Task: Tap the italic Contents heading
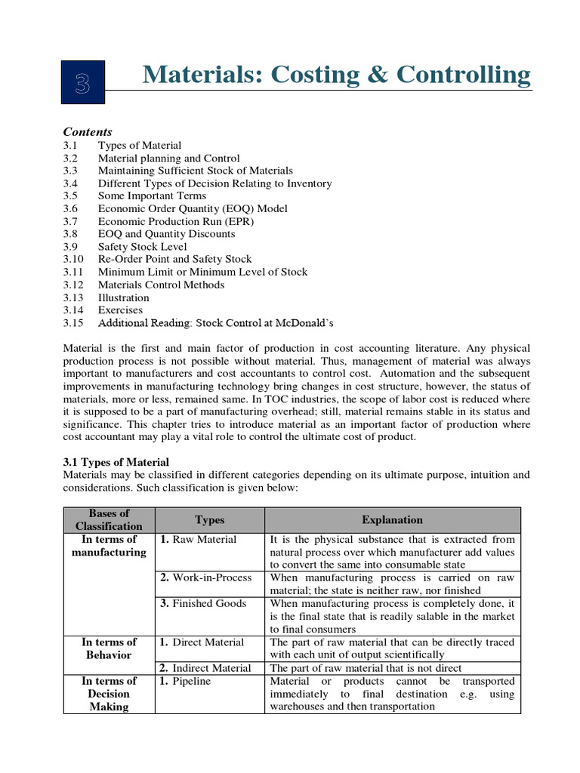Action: [88, 131]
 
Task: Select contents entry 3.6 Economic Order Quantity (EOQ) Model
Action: [193, 208]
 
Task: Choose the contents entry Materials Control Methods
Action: [161, 285]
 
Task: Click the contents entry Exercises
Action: [120, 310]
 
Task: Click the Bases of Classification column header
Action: [109, 519]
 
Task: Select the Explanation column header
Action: [392, 519]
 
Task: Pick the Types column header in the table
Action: [209, 519]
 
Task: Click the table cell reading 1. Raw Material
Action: [198, 540]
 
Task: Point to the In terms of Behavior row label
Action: [109, 648]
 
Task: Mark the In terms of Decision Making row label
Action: [109, 694]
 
